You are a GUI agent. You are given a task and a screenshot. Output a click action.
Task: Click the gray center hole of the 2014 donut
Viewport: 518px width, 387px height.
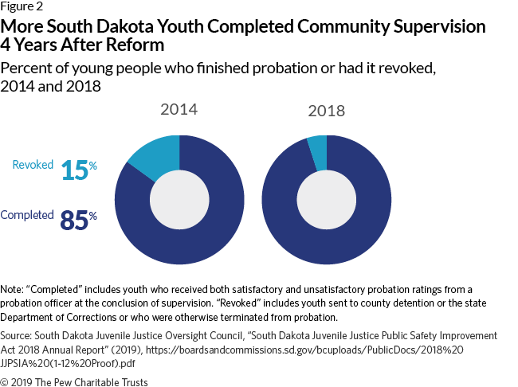(x=179, y=200)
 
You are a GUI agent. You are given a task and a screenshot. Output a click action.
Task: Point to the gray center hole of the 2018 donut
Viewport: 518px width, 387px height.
(x=327, y=200)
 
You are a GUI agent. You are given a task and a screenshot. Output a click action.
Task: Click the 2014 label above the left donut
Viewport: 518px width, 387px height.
(x=179, y=110)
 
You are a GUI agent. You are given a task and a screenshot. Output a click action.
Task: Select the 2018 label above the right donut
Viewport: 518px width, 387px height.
(x=327, y=111)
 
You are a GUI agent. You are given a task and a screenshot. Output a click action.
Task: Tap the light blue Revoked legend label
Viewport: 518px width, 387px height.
(x=33, y=165)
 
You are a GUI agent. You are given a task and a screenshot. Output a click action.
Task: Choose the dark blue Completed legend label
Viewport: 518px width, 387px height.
(x=27, y=215)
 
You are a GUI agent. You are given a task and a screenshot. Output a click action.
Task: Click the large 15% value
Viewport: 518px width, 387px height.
(x=79, y=170)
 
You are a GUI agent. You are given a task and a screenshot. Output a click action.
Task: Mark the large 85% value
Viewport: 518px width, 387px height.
(x=79, y=220)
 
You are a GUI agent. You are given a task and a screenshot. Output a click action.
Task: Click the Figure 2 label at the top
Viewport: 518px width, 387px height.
(x=22, y=6)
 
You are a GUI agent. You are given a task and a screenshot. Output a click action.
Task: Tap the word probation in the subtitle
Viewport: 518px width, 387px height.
(x=285, y=68)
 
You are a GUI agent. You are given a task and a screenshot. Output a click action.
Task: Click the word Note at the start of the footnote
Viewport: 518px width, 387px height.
(x=12, y=290)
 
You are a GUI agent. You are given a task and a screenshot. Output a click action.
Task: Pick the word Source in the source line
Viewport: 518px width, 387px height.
(x=16, y=336)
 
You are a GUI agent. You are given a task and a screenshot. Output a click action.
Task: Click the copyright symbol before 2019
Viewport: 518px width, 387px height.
(x=4, y=382)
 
